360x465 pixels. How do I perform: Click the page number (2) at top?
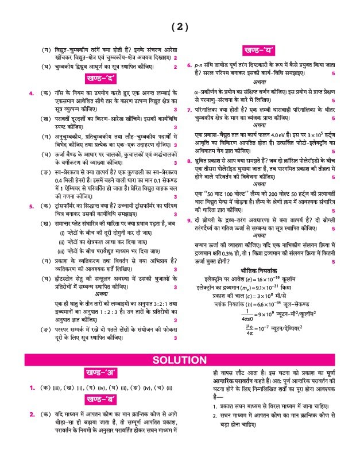[179, 26]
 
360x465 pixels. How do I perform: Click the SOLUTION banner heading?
[179, 360]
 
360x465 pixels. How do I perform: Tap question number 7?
[189, 109]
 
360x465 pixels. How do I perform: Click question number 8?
[189, 161]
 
